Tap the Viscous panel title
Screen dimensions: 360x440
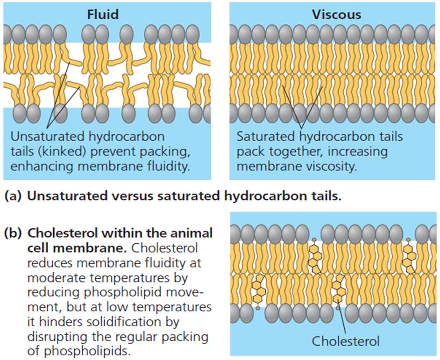pyautogui.click(x=336, y=14)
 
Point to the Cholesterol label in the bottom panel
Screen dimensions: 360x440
pyautogui.click(x=346, y=341)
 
